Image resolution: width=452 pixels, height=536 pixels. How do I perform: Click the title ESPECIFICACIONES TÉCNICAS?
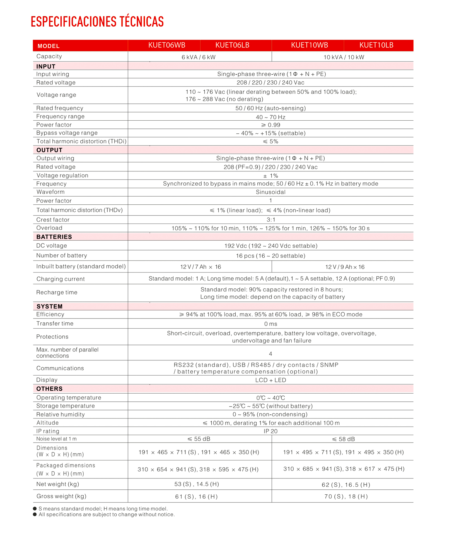tap(97, 22)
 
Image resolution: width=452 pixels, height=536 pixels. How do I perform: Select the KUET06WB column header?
tap(167, 45)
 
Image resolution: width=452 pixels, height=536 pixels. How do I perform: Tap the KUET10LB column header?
tap(376, 45)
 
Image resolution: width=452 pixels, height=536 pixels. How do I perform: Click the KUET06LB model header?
tap(232, 45)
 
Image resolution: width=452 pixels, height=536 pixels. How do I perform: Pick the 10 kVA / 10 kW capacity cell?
tap(344, 57)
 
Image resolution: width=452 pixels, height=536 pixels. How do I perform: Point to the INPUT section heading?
tap(46, 66)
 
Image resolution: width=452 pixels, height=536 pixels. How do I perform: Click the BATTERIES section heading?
tap(54, 237)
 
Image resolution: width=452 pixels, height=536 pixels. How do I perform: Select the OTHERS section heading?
tap(49, 389)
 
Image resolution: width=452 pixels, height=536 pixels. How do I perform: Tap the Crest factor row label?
tap(53, 220)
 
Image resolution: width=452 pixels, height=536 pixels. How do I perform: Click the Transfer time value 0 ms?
tap(270, 324)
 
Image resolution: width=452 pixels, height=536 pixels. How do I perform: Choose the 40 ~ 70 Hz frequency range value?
tap(270, 117)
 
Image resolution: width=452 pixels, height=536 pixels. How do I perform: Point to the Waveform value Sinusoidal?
tap(270, 192)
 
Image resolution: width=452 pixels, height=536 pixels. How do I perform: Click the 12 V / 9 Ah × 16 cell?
tap(345, 267)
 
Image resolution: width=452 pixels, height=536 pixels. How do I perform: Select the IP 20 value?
tap(270, 431)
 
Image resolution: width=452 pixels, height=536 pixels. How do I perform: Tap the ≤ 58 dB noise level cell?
tap(343, 439)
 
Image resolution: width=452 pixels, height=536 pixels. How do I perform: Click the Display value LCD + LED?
tap(270, 380)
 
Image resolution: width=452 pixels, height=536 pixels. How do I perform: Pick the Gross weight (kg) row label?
tap(61, 496)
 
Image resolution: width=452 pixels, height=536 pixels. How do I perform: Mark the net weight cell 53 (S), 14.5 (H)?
tap(197, 484)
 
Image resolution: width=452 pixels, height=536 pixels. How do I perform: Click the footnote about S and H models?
tap(103, 509)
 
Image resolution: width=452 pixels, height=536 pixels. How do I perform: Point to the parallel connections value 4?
tap(270, 354)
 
